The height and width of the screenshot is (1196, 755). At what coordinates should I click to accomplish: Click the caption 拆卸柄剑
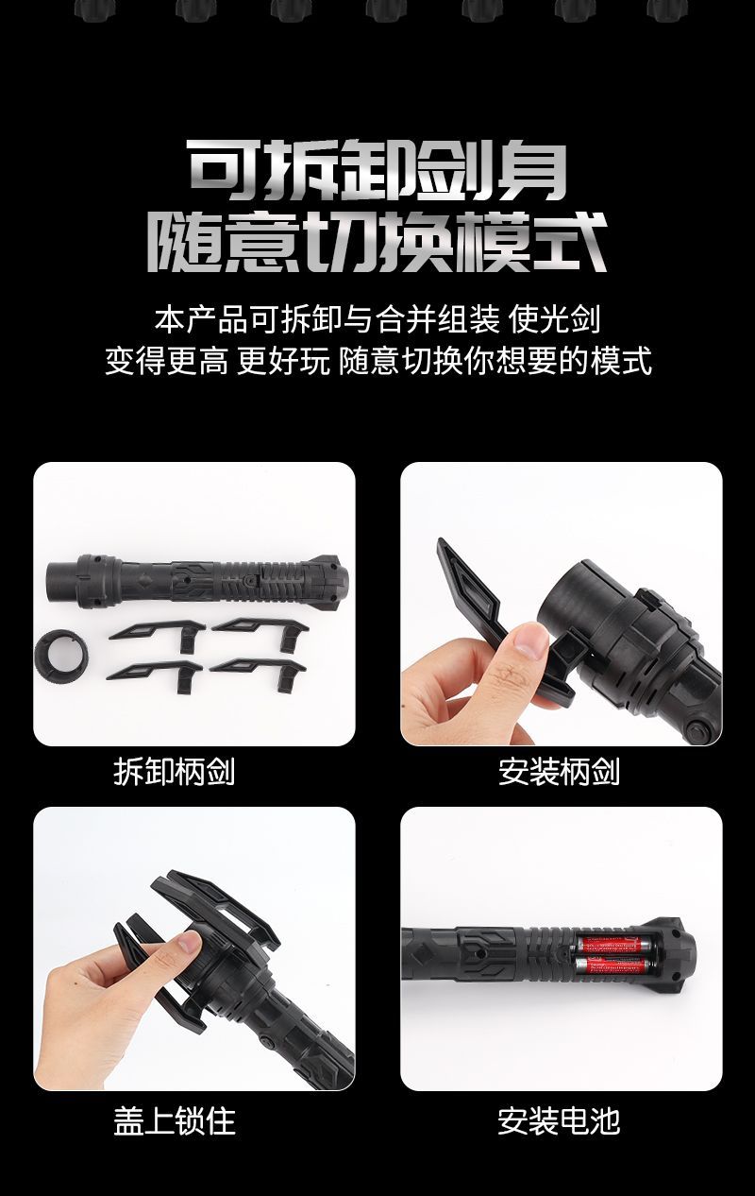click(x=174, y=772)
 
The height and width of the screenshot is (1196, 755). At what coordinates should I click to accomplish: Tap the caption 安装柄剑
click(x=559, y=772)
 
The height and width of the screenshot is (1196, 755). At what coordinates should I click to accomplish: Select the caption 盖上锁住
click(x=174, y=1120)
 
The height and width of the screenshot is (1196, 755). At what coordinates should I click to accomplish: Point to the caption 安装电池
click(x=559, y=1120)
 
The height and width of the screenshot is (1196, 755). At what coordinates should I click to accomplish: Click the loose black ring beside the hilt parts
click(x=60, y=657)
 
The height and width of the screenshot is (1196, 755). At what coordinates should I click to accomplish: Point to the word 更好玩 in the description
click(x=284, y=360)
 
